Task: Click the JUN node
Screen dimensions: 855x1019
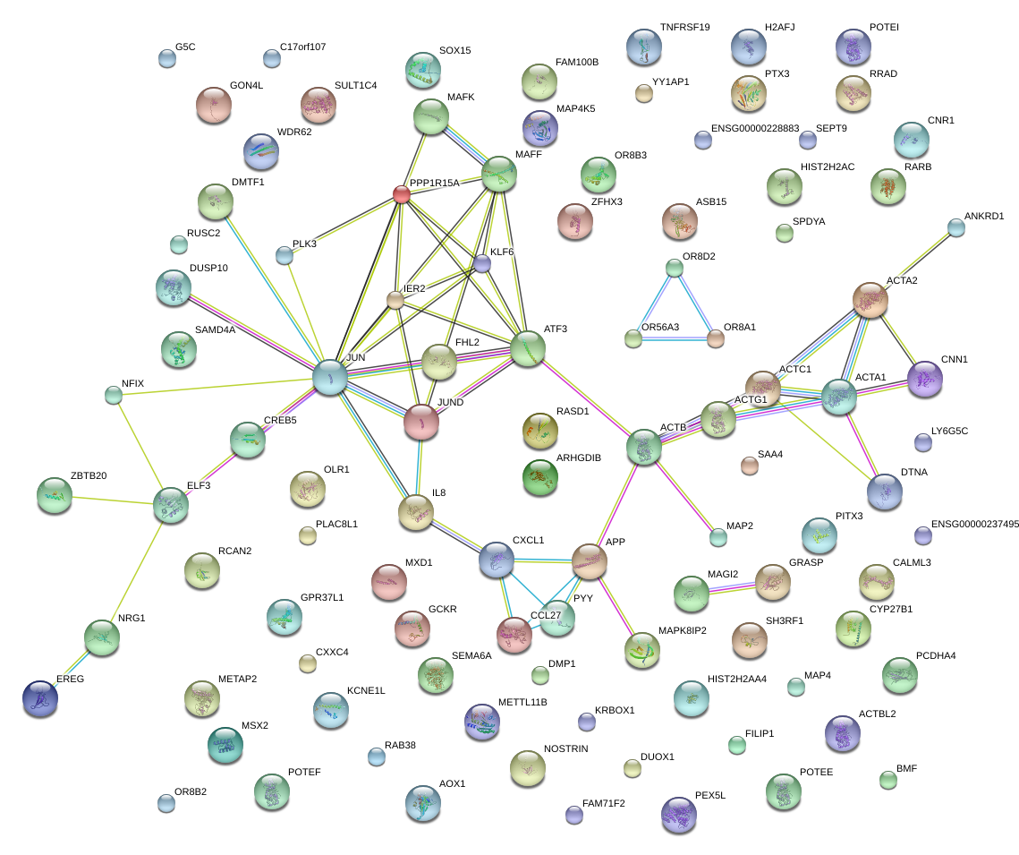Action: click(x=330, y=377)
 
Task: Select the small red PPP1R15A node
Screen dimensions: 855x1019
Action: click(x=402, y=193)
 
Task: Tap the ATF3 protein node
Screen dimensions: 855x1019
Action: click(x=528, y=348)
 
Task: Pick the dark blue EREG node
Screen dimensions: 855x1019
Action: click(x=40, y=698)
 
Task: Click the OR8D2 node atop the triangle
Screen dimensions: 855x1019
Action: click(x=675, y=268)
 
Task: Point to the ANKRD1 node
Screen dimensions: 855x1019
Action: click(x=956, y=227)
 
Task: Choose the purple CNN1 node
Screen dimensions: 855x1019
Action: click(x=925, y=380)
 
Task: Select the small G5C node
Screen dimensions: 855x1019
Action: click(x=166, y=59)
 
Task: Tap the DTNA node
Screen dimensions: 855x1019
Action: click(x=885, y=491)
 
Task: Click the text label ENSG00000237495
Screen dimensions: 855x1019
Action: click(x=974, y=525)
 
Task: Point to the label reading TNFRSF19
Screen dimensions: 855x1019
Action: click(x=684, y=28)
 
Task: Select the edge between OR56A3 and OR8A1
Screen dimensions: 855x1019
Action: click(x=675, y=338)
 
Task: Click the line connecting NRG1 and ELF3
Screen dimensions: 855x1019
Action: click(x=136, y=571)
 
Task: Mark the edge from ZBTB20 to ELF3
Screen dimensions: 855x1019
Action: click(x=112, y=500)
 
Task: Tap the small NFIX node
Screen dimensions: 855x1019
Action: click(x=113, y=394)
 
